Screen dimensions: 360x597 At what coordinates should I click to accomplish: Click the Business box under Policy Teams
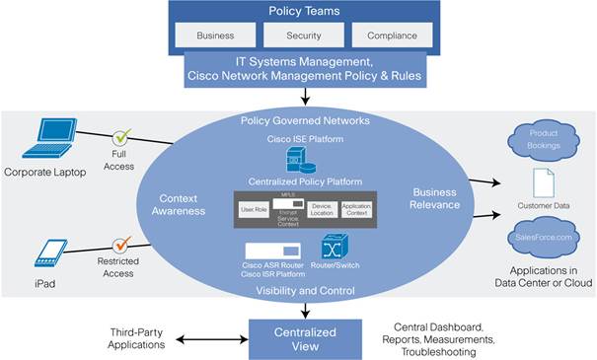coord(215,35)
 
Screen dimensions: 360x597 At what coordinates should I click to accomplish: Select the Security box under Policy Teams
coord(303,35)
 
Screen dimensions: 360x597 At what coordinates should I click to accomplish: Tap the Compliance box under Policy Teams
coord(392,35)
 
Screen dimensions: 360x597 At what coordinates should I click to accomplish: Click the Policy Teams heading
coord(303,12)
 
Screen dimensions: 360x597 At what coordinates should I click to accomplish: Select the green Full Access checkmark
coord(122,138)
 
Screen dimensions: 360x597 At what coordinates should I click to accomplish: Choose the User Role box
coord(254,209)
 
